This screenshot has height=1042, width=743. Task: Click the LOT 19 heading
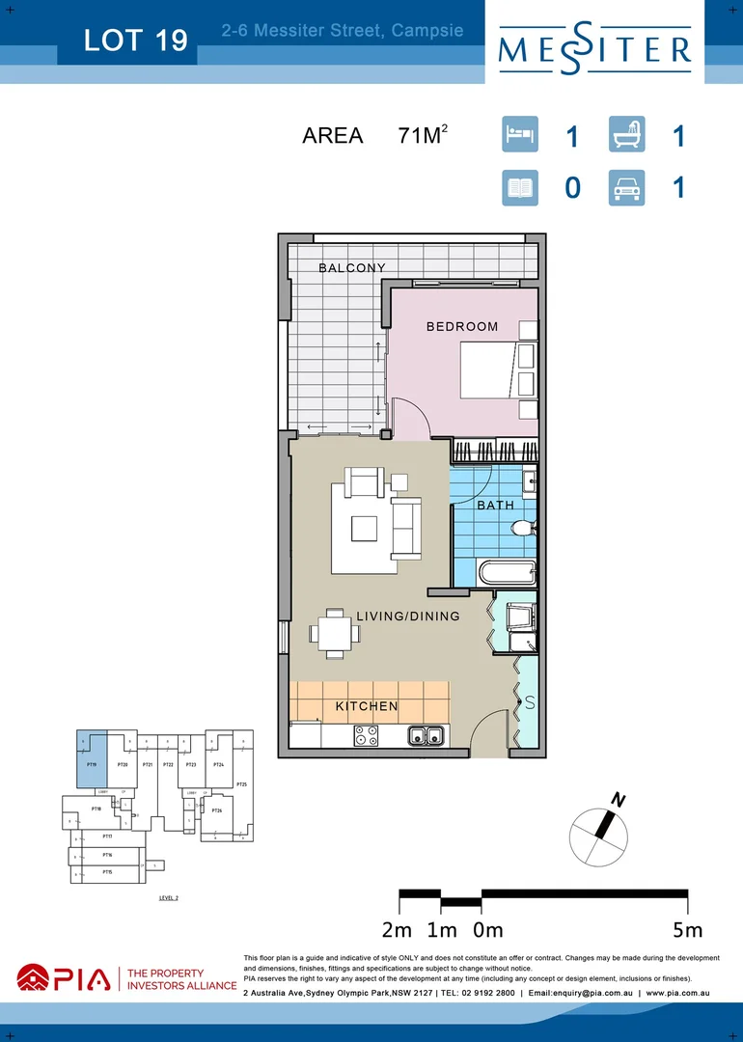pos(135,41)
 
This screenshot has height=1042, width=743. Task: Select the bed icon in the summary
pos(520,134)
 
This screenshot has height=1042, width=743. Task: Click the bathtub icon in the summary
pos(626,134)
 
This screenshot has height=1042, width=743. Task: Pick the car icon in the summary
pos(626,187)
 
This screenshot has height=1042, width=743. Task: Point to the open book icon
pos(520,187)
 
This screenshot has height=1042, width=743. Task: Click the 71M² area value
pos(423,136)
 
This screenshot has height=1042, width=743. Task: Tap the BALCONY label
pos(352,268)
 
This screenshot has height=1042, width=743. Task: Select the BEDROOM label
pos(462,326)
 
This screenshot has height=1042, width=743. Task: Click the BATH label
pos(495,505)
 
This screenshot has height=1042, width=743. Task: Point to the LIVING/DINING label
pos(407,616)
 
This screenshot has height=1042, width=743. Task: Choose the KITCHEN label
pos(367,706)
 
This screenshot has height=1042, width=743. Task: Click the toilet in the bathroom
pos(523,529)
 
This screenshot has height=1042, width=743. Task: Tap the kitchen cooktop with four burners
pos(367,735)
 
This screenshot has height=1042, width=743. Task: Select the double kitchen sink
pos(425,736)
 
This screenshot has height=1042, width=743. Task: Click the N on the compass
pos(616,798)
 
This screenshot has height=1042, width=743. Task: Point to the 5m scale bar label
pos(687,930)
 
